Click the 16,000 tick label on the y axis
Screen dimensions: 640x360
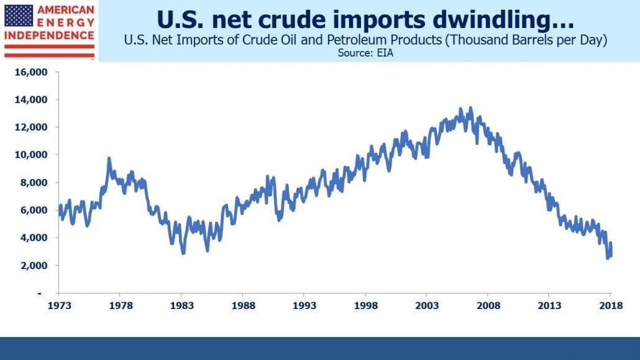(x=31, y=72)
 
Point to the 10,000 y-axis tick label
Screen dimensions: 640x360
(x=31, y=155)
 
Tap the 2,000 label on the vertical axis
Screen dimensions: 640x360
(x=34, y=265)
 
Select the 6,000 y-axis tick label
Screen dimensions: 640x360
(x=34, y=210)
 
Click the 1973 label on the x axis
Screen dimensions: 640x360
(x=59, y=305)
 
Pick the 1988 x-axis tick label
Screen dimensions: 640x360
(x=244, y=305)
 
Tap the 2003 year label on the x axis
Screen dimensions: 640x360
(x=427, y=305)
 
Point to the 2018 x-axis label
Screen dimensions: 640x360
(x=611, y=305)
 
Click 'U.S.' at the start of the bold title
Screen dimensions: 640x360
(x=180, y=20)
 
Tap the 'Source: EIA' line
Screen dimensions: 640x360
(x=365, y=53)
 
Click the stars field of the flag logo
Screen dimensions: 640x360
(x=19, y=16)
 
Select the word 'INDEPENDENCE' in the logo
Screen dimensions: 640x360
(x=49, y=35)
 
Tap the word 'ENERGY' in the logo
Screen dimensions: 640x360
(x=66, y=22)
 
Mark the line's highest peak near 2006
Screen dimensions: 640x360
(x=470, y=108)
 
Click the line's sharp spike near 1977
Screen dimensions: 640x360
(x=109, y=158)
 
